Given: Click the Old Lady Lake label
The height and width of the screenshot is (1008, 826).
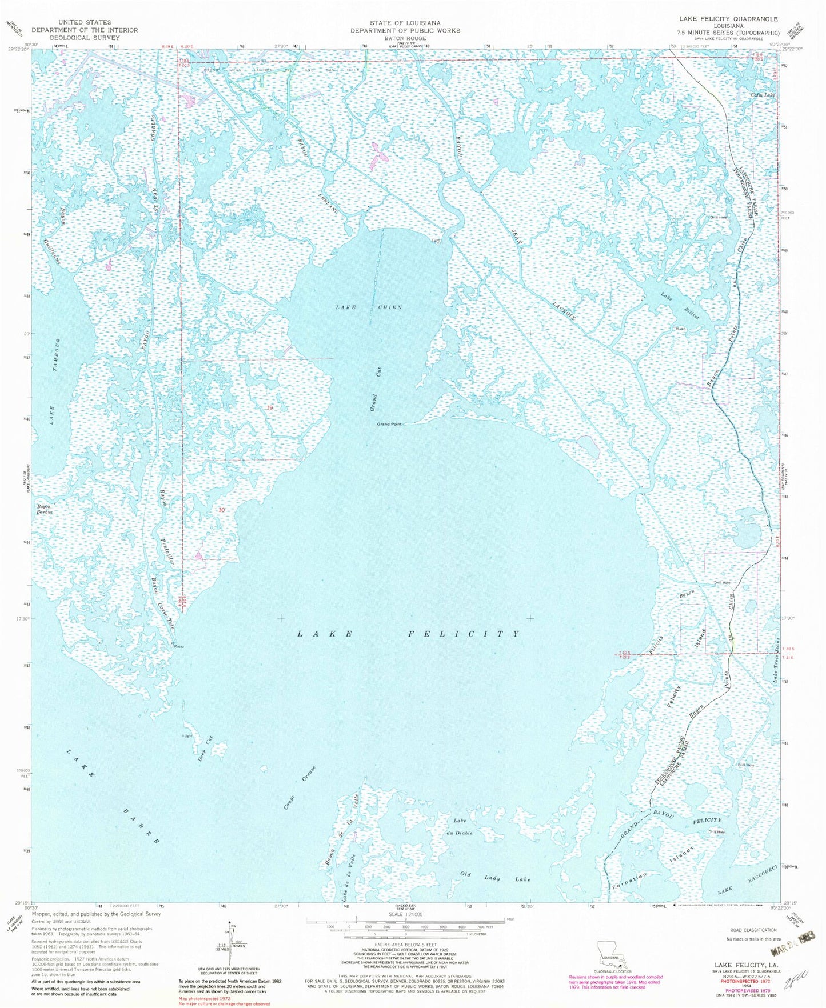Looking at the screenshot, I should click(x=496, y=879).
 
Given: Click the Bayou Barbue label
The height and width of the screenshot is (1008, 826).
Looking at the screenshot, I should click(x=49, y=509).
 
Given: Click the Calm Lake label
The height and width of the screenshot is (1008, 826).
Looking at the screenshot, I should click(x=763, y=95).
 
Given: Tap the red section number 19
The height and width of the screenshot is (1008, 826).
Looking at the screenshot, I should click(x=269, y=407).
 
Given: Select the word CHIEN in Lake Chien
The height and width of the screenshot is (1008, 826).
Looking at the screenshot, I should click(x=389, y=307).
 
